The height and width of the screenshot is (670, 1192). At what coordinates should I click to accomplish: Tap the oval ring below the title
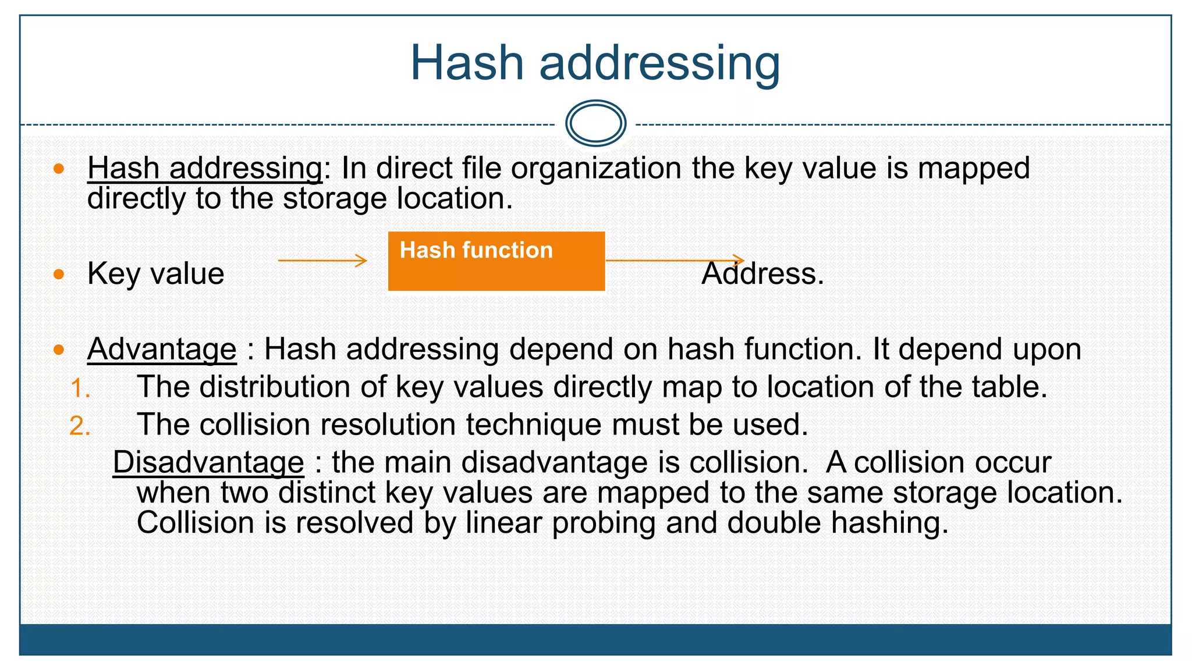pos(595,123)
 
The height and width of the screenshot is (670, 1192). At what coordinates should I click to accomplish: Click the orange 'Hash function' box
pos(496,261)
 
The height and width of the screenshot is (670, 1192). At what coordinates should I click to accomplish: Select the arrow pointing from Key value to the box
pos(322,261)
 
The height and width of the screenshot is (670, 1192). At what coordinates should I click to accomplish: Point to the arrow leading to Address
pos(675,260)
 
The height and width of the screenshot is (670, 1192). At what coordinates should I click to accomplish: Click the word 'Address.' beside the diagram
pos(762,273)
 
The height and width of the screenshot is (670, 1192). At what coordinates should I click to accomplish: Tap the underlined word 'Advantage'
pos(162,350)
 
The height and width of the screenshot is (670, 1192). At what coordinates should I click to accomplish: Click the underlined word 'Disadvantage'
pos(208,463)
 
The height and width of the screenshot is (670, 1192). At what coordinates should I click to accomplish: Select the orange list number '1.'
pos(80,389)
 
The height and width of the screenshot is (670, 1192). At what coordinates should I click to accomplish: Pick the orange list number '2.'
pos(80,426)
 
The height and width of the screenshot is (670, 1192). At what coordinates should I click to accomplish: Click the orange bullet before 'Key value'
pos(59,274)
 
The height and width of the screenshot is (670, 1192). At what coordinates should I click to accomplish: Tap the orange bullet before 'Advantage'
pos(59,350)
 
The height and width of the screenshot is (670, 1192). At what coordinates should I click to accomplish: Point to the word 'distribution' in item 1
pos(275,387)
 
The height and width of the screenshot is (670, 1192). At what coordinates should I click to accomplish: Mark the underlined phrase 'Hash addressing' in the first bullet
pos(205,169)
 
